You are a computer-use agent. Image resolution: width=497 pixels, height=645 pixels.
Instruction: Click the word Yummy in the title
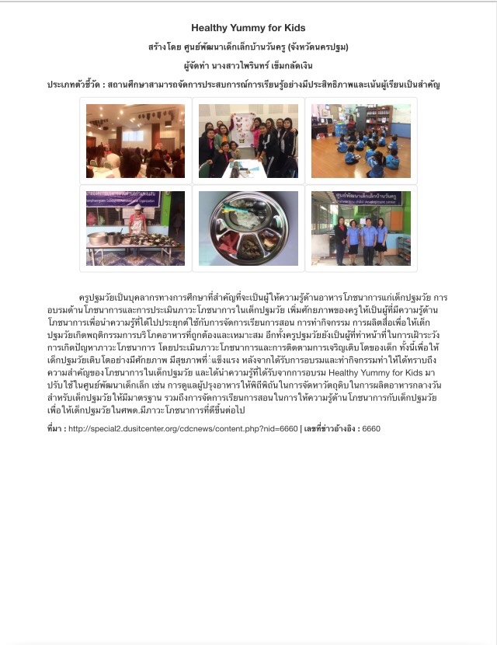tap(247, 28)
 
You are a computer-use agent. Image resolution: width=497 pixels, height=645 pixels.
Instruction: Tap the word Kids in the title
tap(294, 28)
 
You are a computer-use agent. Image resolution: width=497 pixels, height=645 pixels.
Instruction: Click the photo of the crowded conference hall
tap(135, 141)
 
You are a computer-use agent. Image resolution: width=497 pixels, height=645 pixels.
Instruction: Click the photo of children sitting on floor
tap(361, 141)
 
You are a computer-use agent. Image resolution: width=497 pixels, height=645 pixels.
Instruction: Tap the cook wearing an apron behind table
tap(137, 222)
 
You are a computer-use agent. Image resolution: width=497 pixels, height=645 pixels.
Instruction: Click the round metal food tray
tap(248, 229)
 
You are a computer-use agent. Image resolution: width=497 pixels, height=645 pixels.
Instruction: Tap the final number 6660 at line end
tap(371, 429)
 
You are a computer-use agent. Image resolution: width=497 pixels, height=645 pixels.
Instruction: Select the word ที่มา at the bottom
tap(56, 429)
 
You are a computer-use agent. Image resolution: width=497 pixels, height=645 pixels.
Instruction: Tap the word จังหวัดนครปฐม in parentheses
tap(318, 47)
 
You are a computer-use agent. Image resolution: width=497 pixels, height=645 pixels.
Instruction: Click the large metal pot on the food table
tap(99, 238)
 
